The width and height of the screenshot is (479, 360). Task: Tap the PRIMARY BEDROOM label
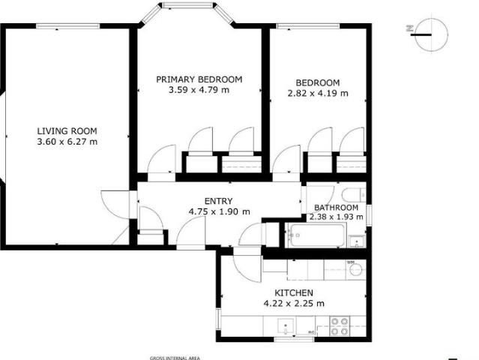[x=199, y=79]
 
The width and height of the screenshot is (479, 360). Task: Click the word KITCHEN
[x=294, y=292]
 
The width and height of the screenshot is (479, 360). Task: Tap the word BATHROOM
[x=336, y=208]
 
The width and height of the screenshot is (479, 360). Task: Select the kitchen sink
[x=286, y=326]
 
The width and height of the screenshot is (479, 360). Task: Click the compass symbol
[x=424, y=34]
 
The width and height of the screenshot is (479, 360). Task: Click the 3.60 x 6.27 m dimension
[x=67, y=141]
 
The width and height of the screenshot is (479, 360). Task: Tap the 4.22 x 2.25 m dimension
[x=294, y=303]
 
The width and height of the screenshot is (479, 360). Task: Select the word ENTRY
[x=218, y=200]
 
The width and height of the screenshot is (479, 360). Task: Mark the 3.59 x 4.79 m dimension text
[x=199, y=90]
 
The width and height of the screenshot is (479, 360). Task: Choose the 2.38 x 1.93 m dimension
[x=336, y=217]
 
